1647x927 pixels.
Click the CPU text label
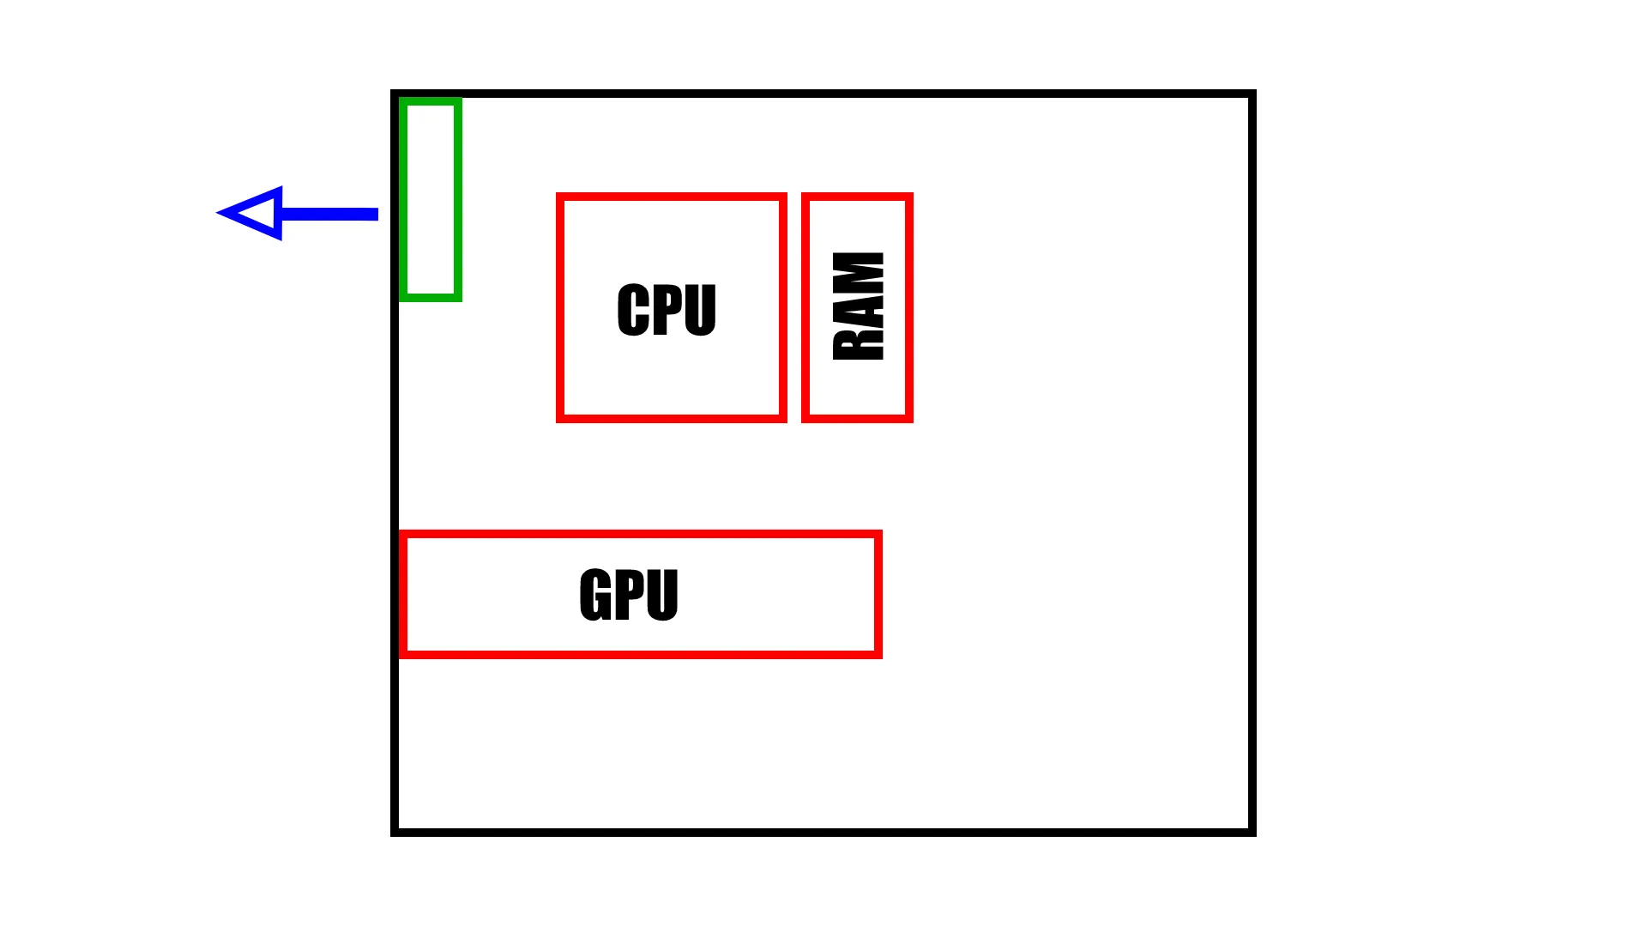click(667, 309)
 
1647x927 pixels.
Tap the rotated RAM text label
click(858, 306)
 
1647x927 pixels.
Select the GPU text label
click(629, 594)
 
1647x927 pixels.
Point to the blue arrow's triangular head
click(253, 213)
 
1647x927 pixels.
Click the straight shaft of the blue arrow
click(330, 214)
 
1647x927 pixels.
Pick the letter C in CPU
click(633, 309)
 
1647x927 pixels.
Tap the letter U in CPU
click(700, 309)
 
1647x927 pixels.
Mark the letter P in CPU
click(667, 309)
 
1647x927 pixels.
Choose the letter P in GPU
click(630, 594)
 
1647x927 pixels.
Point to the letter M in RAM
click(858, 270)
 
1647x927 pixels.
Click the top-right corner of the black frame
click(1252, 94)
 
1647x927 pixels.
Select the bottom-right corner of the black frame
click(1252, 832)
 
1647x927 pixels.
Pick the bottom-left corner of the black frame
click(395, 832)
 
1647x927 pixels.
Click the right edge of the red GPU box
click(878, 594)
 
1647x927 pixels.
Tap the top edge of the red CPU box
click(671, 197)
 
